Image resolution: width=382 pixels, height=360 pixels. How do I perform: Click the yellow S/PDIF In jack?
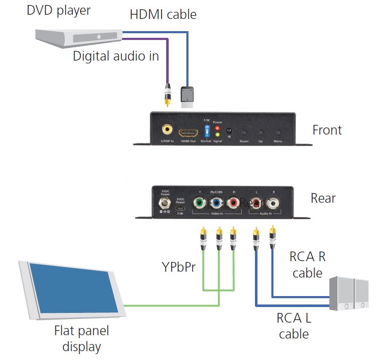[167, 129]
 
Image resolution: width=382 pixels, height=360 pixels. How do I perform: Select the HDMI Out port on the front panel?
[188, 133]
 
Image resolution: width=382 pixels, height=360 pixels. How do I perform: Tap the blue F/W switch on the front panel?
[207, 131]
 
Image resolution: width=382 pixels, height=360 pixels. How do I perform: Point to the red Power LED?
[218, 127]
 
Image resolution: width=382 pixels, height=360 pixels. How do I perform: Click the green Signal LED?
[218, 135]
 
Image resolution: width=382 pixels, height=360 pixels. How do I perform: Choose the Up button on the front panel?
[261, 132]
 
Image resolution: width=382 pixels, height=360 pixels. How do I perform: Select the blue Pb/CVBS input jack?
[216, 204]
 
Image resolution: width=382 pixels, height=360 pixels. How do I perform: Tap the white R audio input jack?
[273, 204]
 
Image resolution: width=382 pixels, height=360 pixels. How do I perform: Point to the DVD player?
[78, 35]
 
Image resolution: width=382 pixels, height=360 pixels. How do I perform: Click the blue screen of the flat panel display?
[71, 288]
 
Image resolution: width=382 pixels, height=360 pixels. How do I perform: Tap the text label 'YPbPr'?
[179, 267]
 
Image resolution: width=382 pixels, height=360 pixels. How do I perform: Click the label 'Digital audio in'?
[116, 56]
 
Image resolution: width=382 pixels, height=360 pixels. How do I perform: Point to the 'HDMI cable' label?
[163, 14]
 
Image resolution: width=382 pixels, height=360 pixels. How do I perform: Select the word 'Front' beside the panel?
[327, 130]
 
